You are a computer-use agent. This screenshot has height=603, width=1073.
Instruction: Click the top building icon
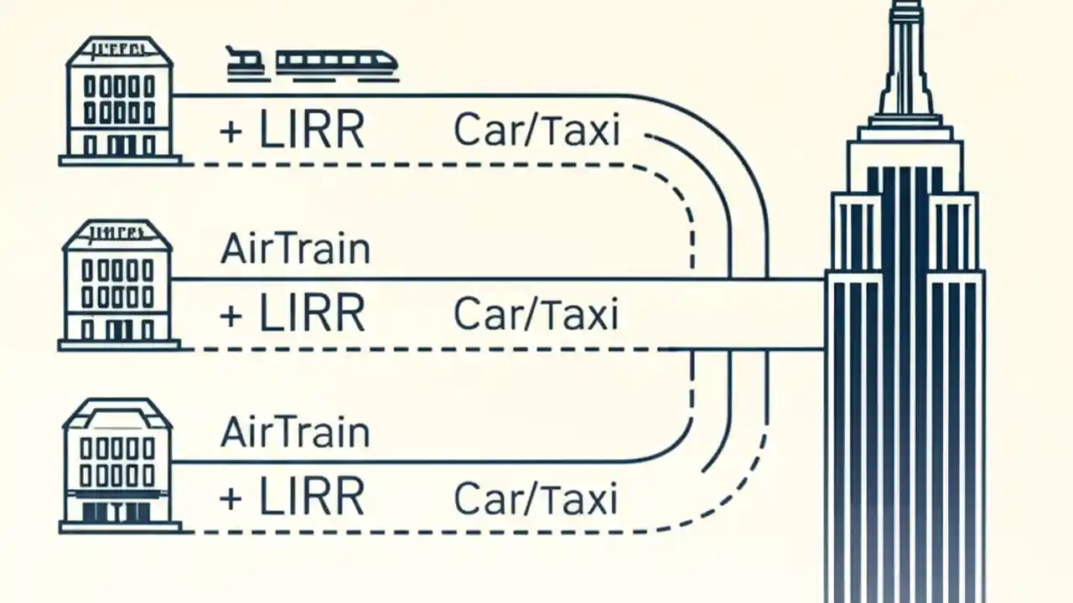point(120,100)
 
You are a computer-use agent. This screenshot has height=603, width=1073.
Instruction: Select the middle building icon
point(119,285)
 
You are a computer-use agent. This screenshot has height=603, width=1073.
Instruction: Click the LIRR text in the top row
point(312,131)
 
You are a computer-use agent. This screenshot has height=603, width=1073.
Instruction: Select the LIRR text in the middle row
point(312,314)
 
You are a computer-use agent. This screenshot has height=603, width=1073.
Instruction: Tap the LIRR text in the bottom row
point(312,497)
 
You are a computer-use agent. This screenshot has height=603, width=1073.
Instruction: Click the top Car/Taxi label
point(536,131)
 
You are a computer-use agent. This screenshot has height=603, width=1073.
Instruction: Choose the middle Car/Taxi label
point(536,314)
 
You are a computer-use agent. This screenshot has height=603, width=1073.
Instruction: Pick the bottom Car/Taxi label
point(536,499)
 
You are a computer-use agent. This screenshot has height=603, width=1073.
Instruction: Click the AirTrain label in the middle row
point(295,250)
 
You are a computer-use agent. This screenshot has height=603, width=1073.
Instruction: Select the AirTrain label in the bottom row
point(295,432)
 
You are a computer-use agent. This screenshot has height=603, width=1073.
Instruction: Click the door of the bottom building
point(120,510)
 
